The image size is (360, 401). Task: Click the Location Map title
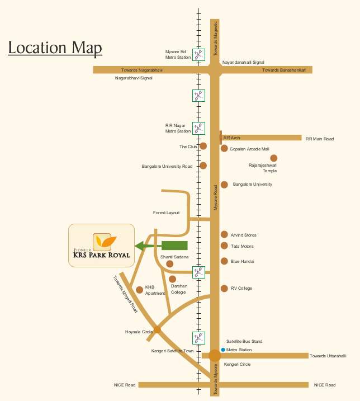tap(55, 48)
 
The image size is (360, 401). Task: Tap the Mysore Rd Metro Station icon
tap(198, 54)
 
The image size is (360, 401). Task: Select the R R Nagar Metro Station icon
tap(198, 128)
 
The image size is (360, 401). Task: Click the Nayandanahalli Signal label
tap(243, 62)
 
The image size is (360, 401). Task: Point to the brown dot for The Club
tap(203, 146)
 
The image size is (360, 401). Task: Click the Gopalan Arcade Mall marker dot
tap(224, 149)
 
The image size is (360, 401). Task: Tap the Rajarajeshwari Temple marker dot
tap(274, 158)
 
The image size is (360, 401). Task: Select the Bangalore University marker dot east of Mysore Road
tap(224, 185)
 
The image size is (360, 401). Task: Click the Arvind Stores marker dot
tap(224, 235)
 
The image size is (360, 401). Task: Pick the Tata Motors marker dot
tap(224, 246)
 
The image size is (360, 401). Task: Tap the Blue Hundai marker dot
tap(224, 261)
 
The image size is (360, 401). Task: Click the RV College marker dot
tap(224, 288)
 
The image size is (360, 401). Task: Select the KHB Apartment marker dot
tap(139, 289)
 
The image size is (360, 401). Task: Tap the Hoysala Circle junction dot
tap(157, 329)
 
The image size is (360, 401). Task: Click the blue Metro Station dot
tap(222, 350)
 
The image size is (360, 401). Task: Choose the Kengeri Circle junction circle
tap(215, 355)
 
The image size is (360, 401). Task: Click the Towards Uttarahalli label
tap(328, 356)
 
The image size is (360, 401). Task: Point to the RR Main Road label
tap(319, 139)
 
